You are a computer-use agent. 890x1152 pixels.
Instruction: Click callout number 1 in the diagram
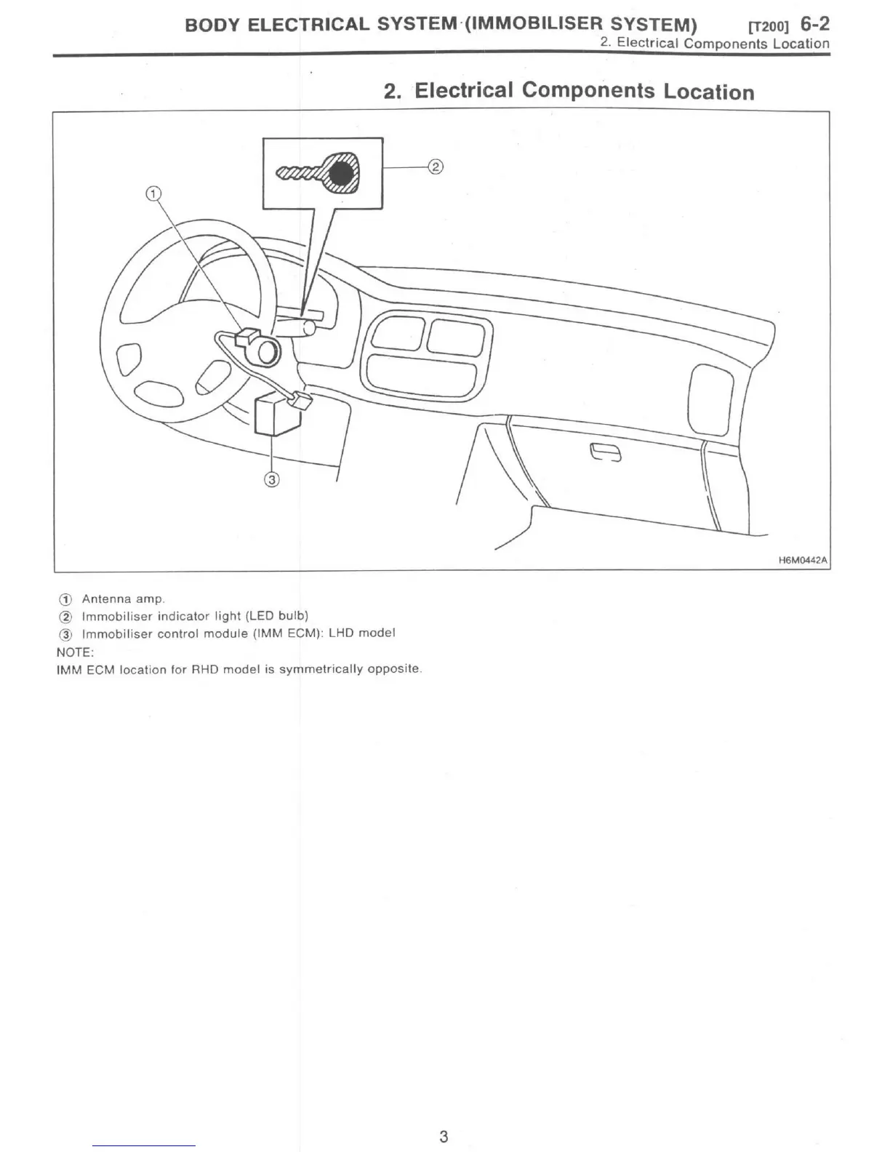(x=153, y=193)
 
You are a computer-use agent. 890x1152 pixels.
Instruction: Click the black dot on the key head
(x=341, y=174)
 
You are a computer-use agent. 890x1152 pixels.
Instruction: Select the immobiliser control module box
(x=276, y=415)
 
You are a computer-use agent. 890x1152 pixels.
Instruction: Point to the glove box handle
(x=606, y=453)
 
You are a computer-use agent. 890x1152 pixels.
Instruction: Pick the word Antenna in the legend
(x=107, y=599)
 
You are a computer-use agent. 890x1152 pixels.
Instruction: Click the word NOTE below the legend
(x=74, y=652)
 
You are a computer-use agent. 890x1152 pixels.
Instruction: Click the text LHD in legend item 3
(x=341, y=633)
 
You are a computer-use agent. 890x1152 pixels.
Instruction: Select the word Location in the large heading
(x=709, y=92)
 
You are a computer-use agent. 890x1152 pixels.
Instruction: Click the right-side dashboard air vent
(x=709, y=399)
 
